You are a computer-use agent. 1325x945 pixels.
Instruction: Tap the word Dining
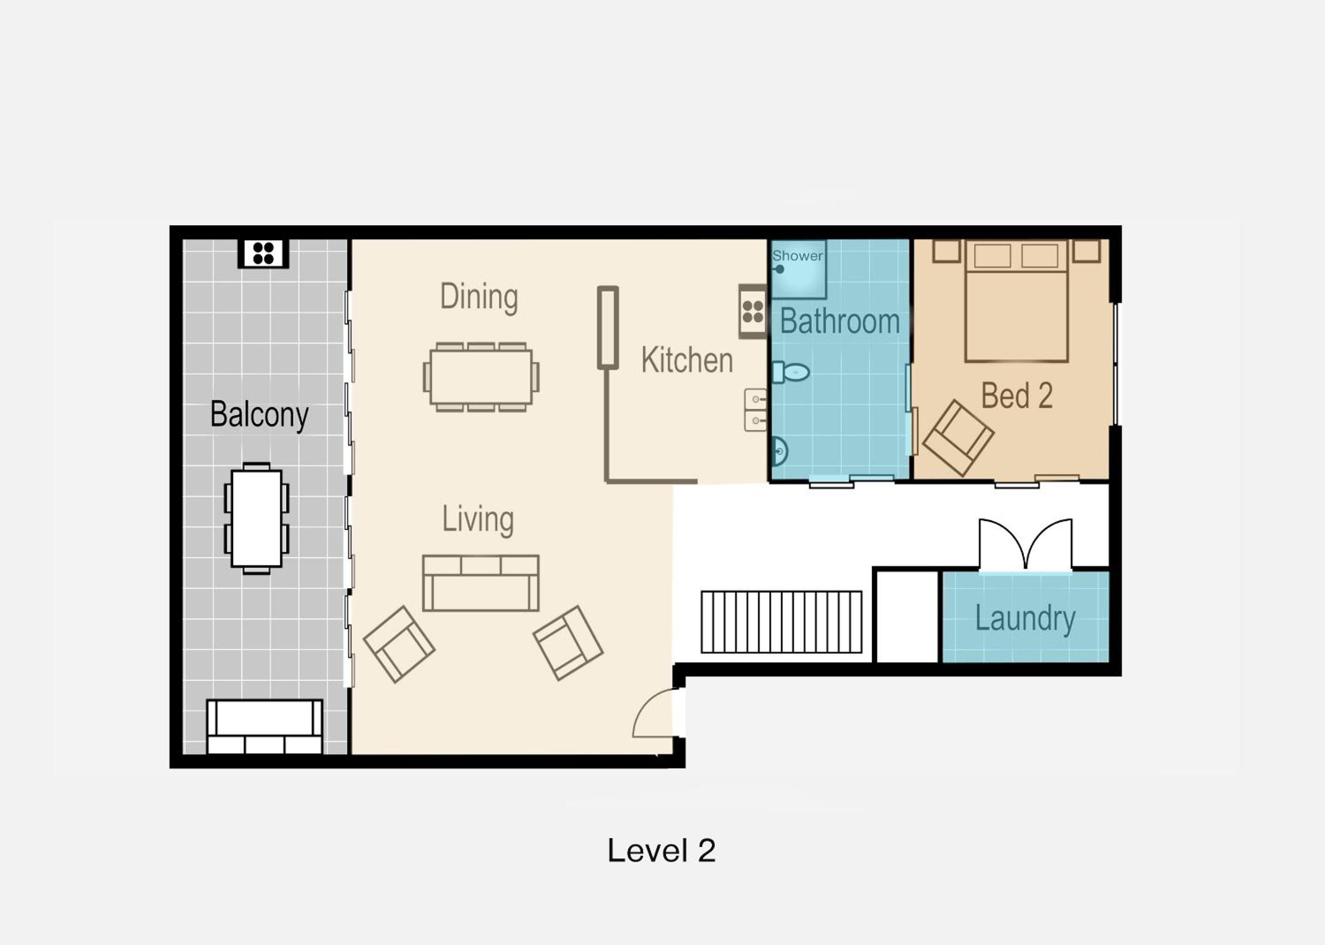[x=479, y=297]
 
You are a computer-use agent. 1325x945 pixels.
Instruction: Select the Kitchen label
[x=687, y=360]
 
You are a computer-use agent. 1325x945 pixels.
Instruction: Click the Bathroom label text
[x=840, y=321]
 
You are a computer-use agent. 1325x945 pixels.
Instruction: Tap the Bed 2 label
[x=1016, y=396]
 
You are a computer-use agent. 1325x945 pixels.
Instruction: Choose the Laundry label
[x=1025, y=619]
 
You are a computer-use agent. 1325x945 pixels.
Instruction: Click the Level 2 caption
[x=661, y=851]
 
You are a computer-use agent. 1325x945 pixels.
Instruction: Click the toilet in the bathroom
[x=790, y=372]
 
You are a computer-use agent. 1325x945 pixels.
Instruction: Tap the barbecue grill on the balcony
[x=263, y=254]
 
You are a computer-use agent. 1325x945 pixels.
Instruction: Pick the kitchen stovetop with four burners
[x=753, y=311]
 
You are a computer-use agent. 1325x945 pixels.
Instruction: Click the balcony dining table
[x=256, y=518]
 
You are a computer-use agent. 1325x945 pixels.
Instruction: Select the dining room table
[x=481, y=377]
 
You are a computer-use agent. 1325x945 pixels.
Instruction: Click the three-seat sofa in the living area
[x=481, y=583]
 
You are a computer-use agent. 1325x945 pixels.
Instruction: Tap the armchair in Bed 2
[x=958, y=438]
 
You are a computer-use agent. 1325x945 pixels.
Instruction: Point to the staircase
[x=782, y=622]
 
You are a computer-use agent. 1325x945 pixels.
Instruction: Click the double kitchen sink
[x=755, y=410]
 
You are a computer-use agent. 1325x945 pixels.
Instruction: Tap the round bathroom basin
[x=780, y=451]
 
